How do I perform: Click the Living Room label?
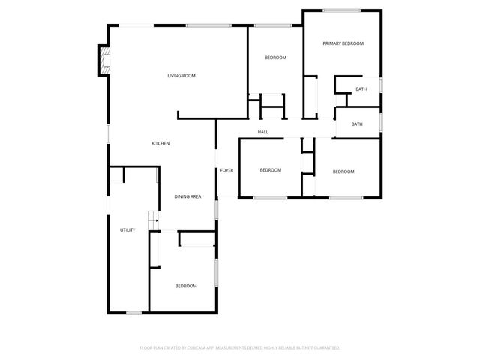coord(181,76)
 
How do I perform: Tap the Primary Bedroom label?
coord(343,43)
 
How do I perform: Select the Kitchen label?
coord(160,143)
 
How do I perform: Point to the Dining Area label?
coord(187,196)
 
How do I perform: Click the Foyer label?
coord(226,170)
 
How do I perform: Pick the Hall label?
coord(263,132)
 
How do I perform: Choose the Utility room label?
coord(127,229)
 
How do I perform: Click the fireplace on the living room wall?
coord(102,61)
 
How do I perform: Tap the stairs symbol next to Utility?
coord(153,219)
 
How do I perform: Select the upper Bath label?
coord(361,89)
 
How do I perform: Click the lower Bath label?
coord(357,124)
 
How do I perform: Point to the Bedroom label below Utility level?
coord(186,286)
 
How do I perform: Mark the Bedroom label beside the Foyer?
coord(271,170)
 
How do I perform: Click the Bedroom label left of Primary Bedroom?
coord(276,58)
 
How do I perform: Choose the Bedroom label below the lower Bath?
coord(343,172)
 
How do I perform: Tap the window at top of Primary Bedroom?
coord(341,10)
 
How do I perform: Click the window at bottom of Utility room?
coord(134,312)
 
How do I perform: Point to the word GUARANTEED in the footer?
coord(324,348)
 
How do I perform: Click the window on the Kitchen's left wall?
coord(109,133)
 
